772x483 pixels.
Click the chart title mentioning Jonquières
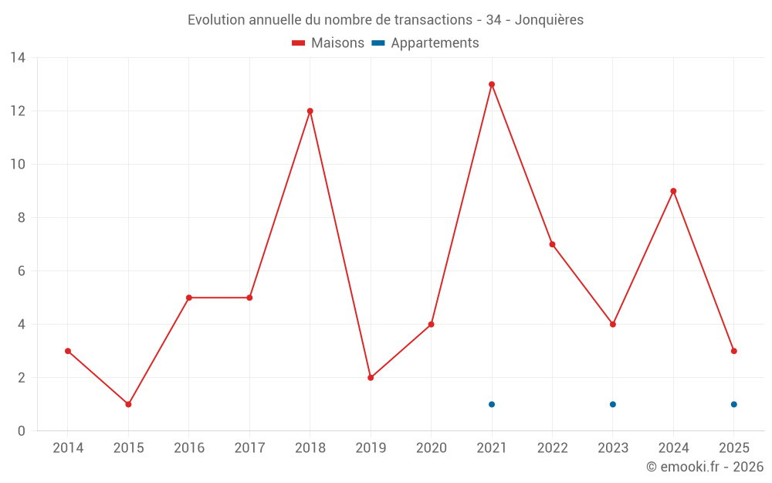tap(385, 19)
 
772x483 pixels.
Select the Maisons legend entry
tap(328, 43)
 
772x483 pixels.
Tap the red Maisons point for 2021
tap(492, 84)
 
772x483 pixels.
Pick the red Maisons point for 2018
tap(310, 111)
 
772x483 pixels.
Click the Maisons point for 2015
tap(128, 404)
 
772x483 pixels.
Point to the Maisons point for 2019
tap(371, 378)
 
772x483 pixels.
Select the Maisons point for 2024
tap(673, 191)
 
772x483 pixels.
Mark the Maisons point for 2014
tap(68, 351)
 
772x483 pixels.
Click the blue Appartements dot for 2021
tap(492, 404)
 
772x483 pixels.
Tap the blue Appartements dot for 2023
tap(613, 404)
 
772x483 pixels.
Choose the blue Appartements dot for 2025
tap(734, 404)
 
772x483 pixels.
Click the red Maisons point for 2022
tap(552, 244)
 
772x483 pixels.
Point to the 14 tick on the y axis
tap(18, 58)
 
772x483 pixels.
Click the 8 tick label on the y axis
tap(22, 218)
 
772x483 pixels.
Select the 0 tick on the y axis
tap(22, 431)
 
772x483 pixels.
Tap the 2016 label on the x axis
tap(189, 448)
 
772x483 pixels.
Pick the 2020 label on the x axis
tap(432, 448)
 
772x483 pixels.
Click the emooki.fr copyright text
tap(705, 467)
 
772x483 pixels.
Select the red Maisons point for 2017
tap(249, 298)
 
